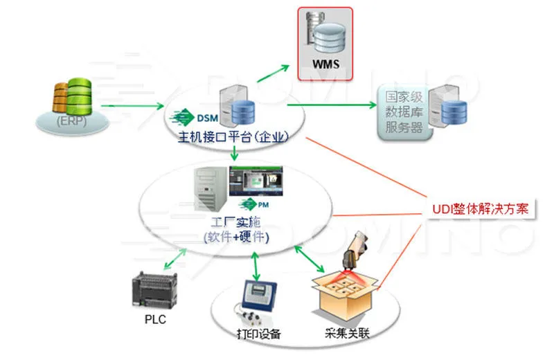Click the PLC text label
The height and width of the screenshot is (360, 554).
(x=155, y=320)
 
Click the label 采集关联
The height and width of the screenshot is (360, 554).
(x=344, y=334)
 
